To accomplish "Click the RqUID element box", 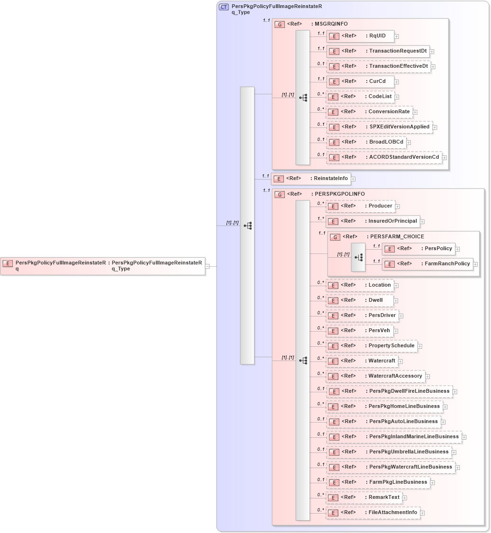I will tap(360, 36).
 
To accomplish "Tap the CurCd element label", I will tap(377, 81).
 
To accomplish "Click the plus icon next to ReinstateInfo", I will tap(353, 179).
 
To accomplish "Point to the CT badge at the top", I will tap(223, 7).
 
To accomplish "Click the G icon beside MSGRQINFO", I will tap(280, 24).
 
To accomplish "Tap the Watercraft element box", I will tap(361, 361).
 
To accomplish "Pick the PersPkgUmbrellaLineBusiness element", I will tap(389, 452).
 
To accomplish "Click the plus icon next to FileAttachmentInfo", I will tap(422, 513).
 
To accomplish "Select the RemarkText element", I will tap(364, 497).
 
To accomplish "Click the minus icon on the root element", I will tap(208, 267).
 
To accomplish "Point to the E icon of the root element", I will tap(8, 263).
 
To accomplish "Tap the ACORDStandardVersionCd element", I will tap(384, 157).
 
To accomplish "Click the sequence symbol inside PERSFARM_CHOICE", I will tap(358, 257).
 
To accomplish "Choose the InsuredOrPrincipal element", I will tap(373, 221).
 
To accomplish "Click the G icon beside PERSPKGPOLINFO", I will tap(280, 194).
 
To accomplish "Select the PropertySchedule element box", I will tap(372, 346).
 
